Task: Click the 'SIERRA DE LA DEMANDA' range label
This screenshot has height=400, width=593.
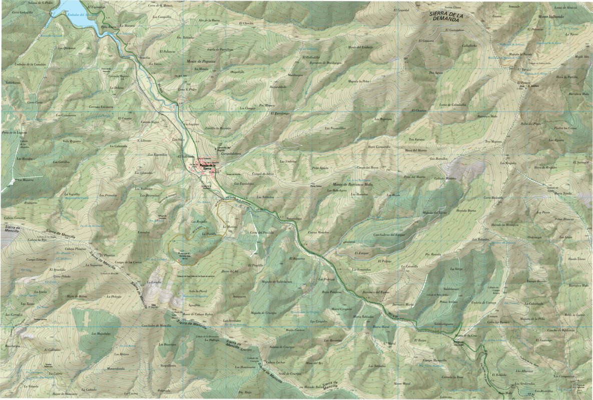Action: click(453, 17)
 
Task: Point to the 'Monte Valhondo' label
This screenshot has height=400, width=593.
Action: click(550, 17)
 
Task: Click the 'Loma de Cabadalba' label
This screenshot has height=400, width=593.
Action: click(452, 105)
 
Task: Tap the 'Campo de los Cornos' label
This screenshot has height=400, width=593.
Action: click(129, 262)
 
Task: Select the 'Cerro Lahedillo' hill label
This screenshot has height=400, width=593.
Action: click(23, 12)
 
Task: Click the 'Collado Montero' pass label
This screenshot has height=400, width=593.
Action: click(444, 179)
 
